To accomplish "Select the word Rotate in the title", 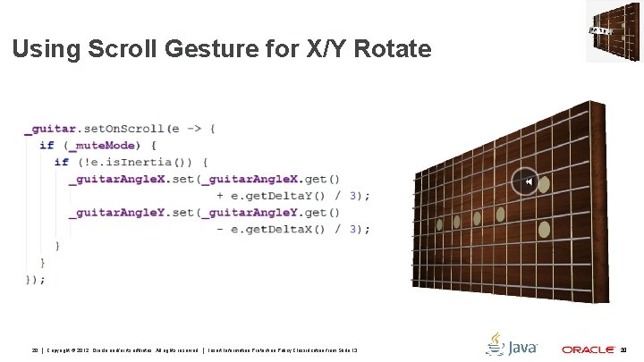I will click(x=394, y=49).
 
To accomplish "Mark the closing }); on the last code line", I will click(x=35, y=279).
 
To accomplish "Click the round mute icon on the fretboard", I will click(x=526, y=182).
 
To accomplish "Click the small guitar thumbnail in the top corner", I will click(x=614, y=31).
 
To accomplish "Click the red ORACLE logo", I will click(x=587, y=349).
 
